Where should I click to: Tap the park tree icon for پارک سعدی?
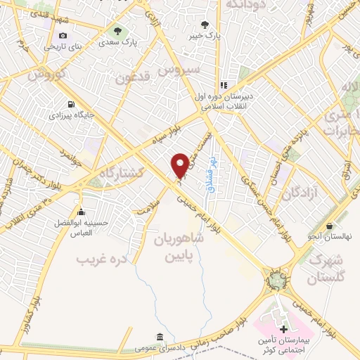pos(117,31)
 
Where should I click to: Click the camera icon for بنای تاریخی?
pos(63,36)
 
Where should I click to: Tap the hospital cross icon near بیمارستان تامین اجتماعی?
pos(283,329)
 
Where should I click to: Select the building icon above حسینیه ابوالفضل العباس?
pos(81,212)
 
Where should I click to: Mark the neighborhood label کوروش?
pos(49,74)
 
